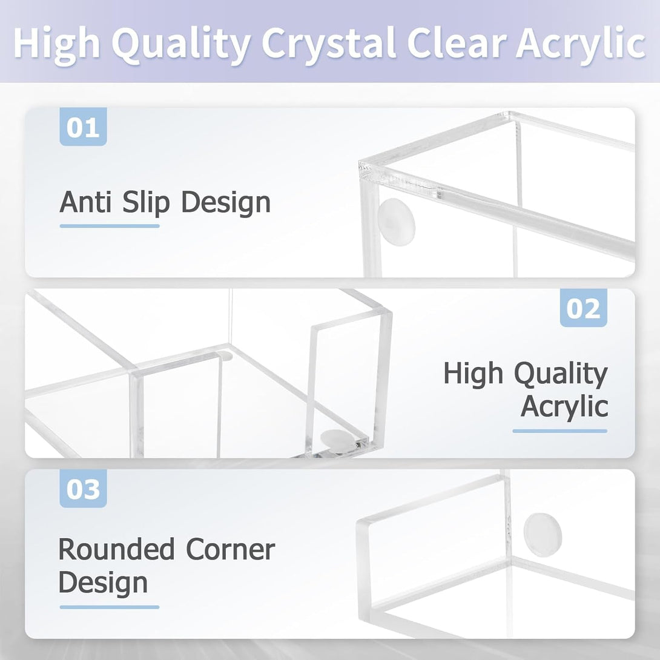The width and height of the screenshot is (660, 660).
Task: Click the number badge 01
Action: tap(83, 127)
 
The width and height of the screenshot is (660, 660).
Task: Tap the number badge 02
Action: tap(583, 308)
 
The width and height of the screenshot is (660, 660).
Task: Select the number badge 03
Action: tap(83, 489)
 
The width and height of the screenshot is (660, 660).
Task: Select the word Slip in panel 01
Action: tap(145, 203)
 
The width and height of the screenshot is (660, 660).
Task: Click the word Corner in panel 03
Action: tap(231, 550)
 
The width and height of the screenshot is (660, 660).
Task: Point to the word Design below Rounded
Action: tap(103, 582)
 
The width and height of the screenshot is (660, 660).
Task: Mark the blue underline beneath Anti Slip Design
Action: tap(110, 226)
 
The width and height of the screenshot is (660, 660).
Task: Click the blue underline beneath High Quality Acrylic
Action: tap(559, 431)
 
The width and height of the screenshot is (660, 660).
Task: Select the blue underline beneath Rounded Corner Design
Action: tap(110, 607)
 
